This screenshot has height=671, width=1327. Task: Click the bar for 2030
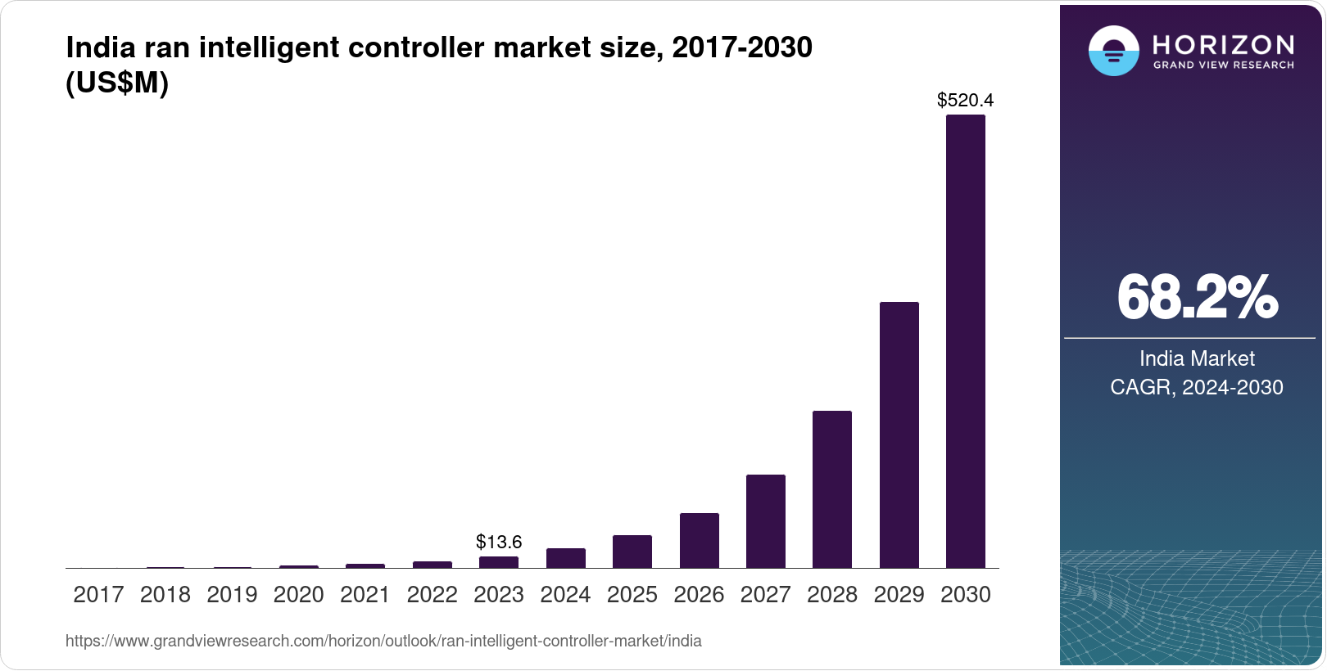[x=965, y=341]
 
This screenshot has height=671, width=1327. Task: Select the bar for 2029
[x=899, y=435]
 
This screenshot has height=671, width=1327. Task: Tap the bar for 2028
[x=831, y=489]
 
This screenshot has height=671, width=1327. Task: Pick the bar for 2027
[x=765, y=521]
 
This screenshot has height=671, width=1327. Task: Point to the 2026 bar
[x=699, y=540]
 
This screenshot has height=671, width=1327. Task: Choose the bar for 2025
[x=632, y=552]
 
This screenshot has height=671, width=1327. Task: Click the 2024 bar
[x=565, y=558]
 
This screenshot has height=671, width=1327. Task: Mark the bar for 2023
[x=498, y=562]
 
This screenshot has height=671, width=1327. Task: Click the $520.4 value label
[x=965, y=100]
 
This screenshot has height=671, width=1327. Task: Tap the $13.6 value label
[x=498, y=542]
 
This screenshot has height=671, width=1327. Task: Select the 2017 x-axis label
[x=98, y=594]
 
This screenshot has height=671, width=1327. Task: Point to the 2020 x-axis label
[x=298, y=594]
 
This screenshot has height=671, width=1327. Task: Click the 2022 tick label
[x=432, y=594]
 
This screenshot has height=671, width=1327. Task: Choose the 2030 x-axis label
[x=965, y=594]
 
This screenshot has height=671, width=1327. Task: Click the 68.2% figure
[x=1196, y=297]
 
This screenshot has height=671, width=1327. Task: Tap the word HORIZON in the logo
[x=1223, y=44]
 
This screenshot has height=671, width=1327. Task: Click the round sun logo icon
[x=1113, y=51]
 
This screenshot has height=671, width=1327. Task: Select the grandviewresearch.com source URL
[x=383, y=641]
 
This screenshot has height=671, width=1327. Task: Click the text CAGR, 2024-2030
[x=1196, y=387]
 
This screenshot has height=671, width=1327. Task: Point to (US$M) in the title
[x=117, y=83]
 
